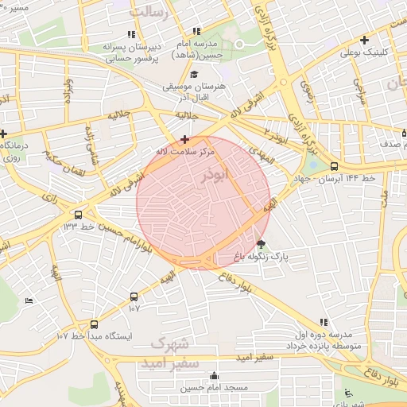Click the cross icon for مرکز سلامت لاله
tap(184, 139)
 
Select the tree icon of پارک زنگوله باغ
tap(262, 244)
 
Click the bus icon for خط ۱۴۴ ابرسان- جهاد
tap(333, 167)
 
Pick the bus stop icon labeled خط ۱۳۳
tap(78, 215)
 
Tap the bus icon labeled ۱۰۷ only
tap(134, 297)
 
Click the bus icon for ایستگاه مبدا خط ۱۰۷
tap(95, 324)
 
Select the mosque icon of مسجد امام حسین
tap(213, 376)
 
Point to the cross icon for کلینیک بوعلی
tap(364, 40)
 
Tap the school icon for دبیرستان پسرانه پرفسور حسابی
tap(131, 34)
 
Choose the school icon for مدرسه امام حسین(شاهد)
tap(196, 31)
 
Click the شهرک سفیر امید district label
tap(168, 354)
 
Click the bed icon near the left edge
tap(29, 300)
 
